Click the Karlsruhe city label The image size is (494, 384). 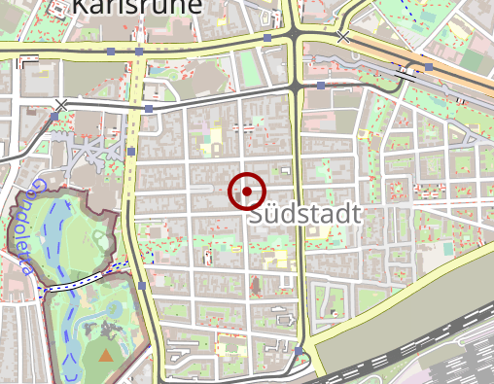pyautogui.click(x=136, y=8)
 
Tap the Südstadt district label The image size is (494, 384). pyautogui.click(x=304, y=215)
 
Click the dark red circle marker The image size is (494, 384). pyautogui.click(x=247, y=192)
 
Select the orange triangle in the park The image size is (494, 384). pyautogui.click(x=105, y=356)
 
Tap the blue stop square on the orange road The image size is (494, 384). pyautogui.click(x=428, y=67)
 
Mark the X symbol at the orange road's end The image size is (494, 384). pyautogui.click(x=342, y=37)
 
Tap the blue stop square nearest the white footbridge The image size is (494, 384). pyautogui.click(x=142, y=286)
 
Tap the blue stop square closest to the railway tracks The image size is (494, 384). pyautogui.click(x=300, y=351)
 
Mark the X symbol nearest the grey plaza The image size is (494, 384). pyautogui.click(x=62, y=104)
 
